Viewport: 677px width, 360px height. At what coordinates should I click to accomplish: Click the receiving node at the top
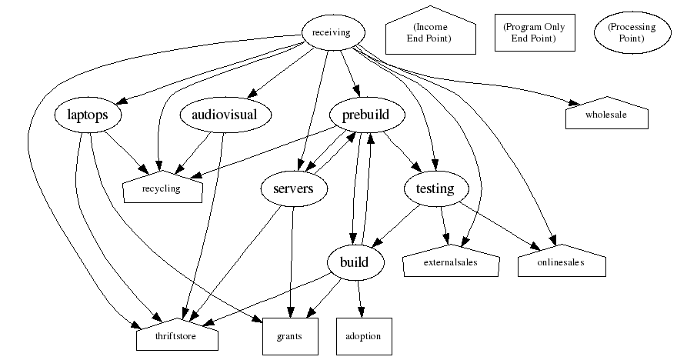click(x=331, y=32)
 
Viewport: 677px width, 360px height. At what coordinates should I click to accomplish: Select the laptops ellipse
click(x=80, y=115)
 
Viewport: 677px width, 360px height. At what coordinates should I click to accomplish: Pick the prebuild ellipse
click(x=359, y=115)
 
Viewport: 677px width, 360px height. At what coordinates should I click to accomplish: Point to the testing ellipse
click(x=435, y=188)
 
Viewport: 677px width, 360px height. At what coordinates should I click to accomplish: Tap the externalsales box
click(x=451, y=262)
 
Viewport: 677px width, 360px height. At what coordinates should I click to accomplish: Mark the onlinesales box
click(x=561, y=262)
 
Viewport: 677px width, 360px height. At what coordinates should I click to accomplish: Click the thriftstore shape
click(x=177, y=336)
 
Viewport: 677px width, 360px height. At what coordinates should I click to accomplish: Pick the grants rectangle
click(x=289, y=336)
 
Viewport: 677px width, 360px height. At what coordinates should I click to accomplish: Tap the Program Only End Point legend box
click(x=534, y=33)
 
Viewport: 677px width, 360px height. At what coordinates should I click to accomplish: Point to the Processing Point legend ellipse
click(x=631, y=33)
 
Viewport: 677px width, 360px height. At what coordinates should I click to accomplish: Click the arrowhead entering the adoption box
click(x=359, y=312)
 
